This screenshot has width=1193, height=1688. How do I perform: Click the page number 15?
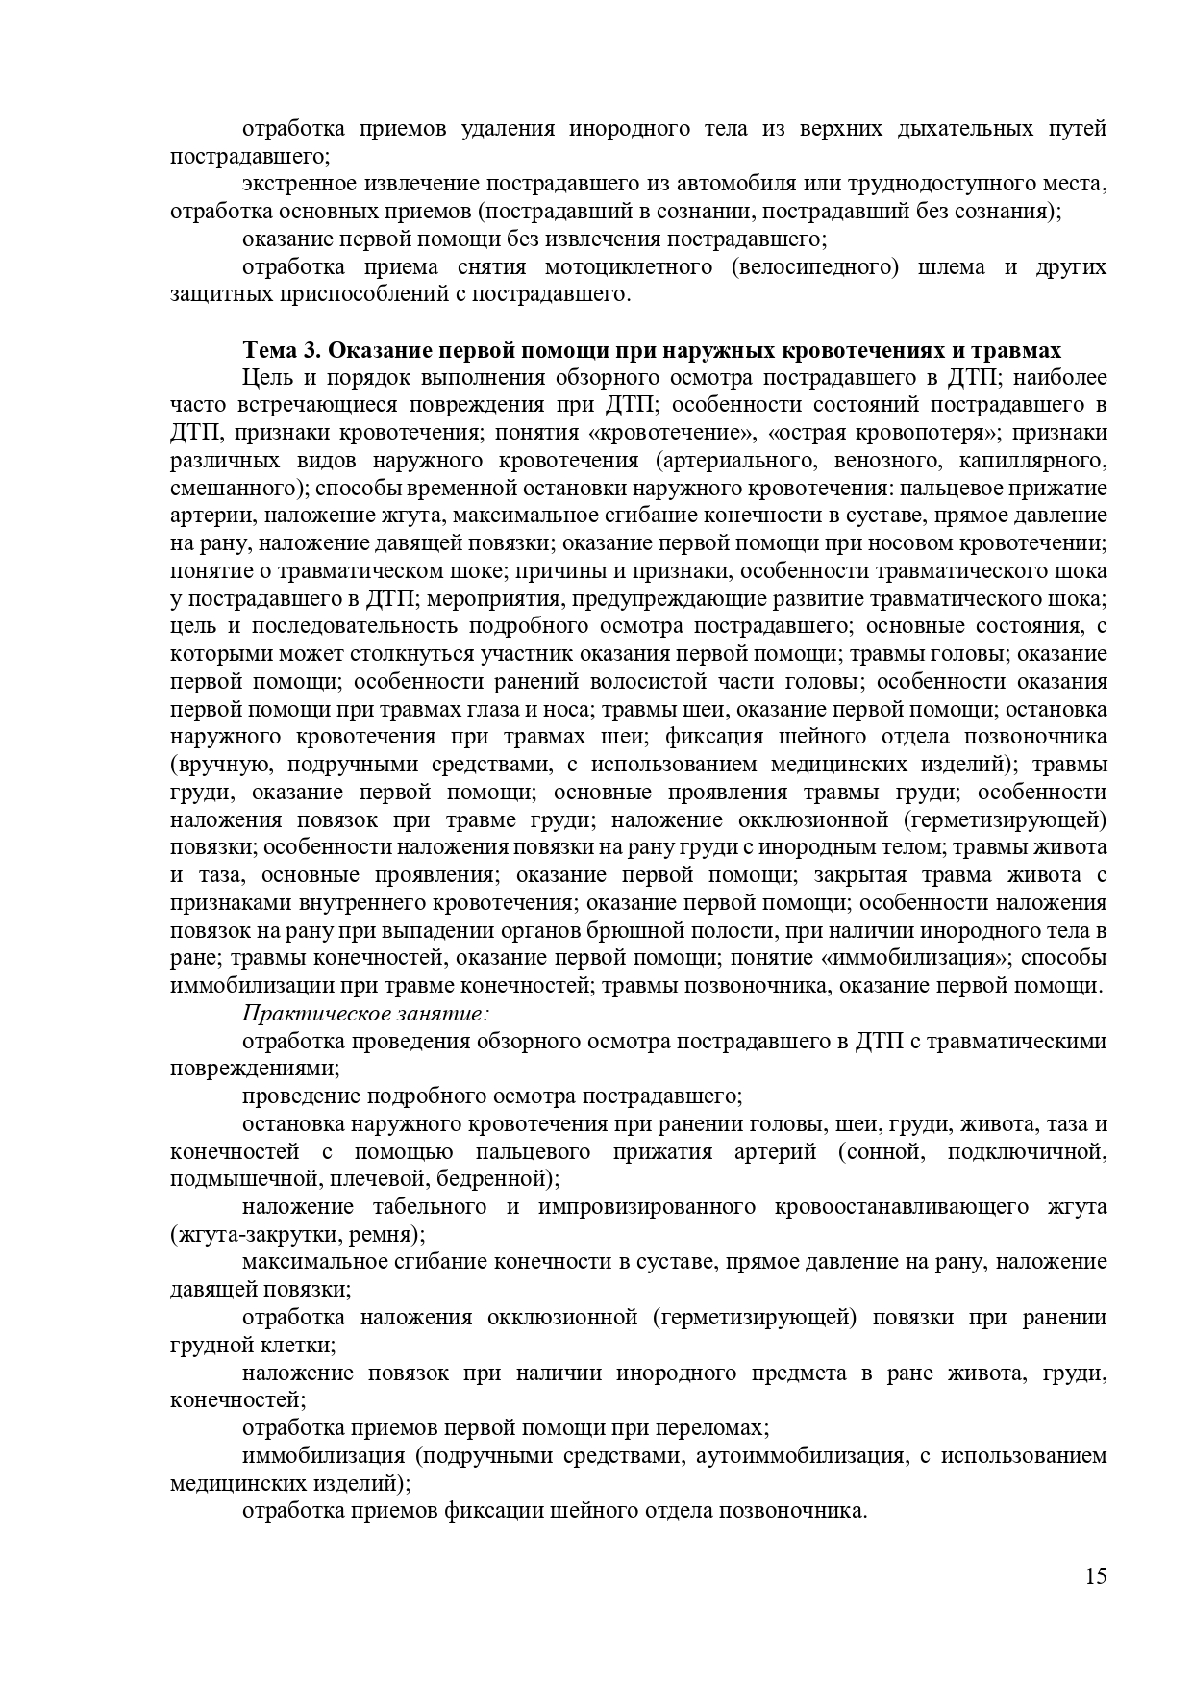point(1096,1576)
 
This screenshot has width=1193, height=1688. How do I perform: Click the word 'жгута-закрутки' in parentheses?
point(254,1234)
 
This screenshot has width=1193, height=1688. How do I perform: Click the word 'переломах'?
point(717,1427)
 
